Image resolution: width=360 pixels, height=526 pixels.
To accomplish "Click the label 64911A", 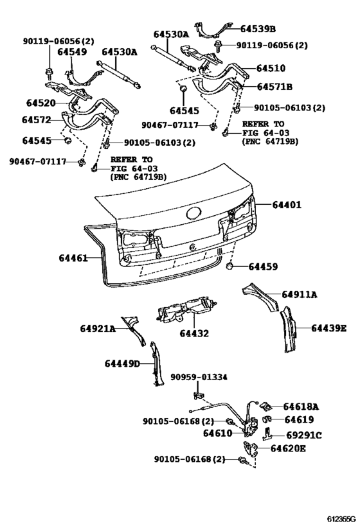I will pos(300,295).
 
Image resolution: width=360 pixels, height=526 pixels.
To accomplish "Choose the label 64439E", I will pos(328,328).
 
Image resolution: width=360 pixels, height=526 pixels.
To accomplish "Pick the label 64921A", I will pos(98,329).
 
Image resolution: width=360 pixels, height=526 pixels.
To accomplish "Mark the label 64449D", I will pos(122,364).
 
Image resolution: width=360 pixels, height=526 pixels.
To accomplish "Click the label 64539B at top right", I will pos(258,29).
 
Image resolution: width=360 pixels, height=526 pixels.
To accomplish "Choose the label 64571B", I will pos(274,86).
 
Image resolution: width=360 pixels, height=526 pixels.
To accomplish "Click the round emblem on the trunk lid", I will pos(193,215).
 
